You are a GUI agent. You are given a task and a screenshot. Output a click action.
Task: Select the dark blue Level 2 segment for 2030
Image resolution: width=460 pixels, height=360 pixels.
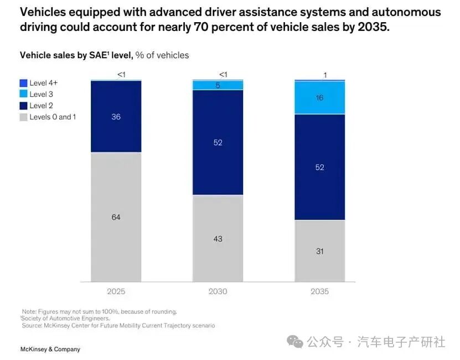[218, 160]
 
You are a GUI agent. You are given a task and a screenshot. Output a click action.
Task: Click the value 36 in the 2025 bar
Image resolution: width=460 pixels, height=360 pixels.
[116, 117]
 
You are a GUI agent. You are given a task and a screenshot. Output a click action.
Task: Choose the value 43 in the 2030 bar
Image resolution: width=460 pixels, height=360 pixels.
[218, 239]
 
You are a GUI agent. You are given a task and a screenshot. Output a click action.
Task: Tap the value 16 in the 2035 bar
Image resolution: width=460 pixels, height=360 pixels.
[319, 98]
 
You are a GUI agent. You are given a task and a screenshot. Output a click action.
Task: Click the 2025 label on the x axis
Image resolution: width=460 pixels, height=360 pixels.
[116, 291]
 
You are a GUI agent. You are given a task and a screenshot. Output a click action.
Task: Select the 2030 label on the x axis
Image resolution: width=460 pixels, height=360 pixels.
[218, 291]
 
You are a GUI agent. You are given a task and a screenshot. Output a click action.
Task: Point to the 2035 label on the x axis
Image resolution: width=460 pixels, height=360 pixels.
[319, 291]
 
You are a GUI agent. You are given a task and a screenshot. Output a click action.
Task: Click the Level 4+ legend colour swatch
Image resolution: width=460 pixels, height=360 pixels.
[23, 83]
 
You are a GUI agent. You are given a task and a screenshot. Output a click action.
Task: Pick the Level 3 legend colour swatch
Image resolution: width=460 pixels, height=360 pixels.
[23, 94]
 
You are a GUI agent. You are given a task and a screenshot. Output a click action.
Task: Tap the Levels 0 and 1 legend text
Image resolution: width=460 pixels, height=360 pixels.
[53, 117]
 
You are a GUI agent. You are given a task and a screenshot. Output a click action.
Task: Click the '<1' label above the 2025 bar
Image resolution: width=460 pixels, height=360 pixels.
[121, 75]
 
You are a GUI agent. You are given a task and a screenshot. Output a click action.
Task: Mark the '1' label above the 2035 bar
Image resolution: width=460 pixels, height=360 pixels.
[325, 76]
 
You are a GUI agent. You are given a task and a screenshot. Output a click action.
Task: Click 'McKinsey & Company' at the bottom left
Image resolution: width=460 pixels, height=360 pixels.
[50, 349]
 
